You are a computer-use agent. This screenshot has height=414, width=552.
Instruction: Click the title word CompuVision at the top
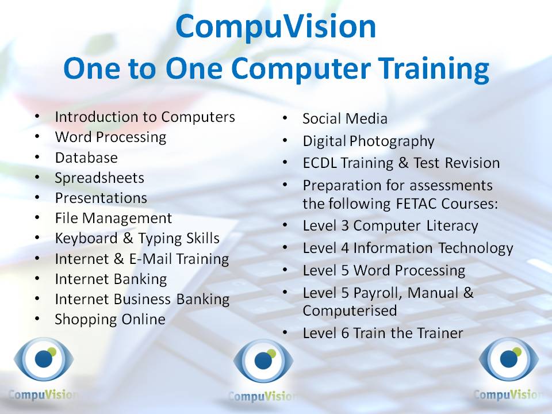276,27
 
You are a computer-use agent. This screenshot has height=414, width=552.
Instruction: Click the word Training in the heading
439,69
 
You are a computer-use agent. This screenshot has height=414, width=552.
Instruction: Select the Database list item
86,158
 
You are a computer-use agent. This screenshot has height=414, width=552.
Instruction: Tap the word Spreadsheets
99,178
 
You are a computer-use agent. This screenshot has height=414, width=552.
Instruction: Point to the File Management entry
113,218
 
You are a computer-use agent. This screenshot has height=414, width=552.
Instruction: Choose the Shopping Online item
110,319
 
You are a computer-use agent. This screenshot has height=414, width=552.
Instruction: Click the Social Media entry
345,119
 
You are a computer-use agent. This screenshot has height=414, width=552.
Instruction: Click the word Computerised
350,310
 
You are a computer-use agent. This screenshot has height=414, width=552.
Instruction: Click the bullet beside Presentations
37,198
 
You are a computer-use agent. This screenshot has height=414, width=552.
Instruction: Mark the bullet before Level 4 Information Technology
285,248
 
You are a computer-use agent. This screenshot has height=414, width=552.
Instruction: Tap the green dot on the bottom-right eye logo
516,352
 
